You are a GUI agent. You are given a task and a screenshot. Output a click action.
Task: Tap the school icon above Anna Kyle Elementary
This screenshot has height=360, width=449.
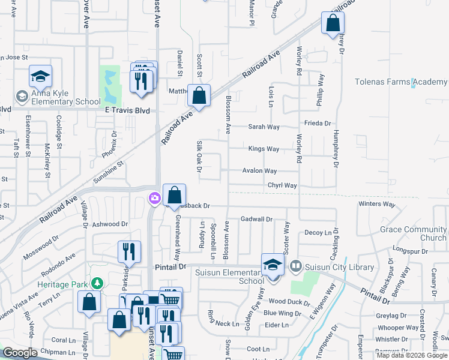pyautogui.click(x=40, y=76)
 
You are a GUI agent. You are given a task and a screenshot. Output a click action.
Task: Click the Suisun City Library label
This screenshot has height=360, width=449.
pyautogui.click(x=340, y=267)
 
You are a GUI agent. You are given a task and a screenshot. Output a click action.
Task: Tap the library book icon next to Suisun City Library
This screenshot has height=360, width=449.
pyautogui.click(x=295, y=265)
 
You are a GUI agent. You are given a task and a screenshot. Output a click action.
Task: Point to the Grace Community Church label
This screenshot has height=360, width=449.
pyautogui.click(x=413, y=233)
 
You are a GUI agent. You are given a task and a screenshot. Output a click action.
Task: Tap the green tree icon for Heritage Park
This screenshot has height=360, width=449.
pyautogui.click(x=95, y=283)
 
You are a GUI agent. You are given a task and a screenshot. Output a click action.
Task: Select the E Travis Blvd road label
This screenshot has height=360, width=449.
pyautogui.click(x=127, y=111)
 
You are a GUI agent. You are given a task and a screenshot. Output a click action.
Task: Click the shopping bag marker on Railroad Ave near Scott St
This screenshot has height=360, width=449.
pyautogui.click(x=199, y=95)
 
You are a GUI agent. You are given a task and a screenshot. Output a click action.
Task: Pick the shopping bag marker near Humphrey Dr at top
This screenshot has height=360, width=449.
pyautogui.click(x=332, y=24)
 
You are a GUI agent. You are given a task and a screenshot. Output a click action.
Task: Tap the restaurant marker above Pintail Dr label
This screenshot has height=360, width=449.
pyautogui.click(x=128, y=252)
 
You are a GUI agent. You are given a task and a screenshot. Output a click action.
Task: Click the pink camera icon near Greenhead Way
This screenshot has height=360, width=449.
pyautogui.click(x=154, y=198)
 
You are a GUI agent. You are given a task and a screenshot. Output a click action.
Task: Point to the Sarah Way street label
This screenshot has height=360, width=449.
pyautogui.click(x=264, y=127)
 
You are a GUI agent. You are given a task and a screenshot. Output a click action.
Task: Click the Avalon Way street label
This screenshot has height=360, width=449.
pyautogui.click(x=259, y=171)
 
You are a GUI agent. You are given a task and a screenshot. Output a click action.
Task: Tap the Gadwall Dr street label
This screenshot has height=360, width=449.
pyautogui.click(x=256, y=220)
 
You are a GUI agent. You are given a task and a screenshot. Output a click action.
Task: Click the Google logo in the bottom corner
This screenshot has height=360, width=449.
pyautogui.click(x=20, y=353)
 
